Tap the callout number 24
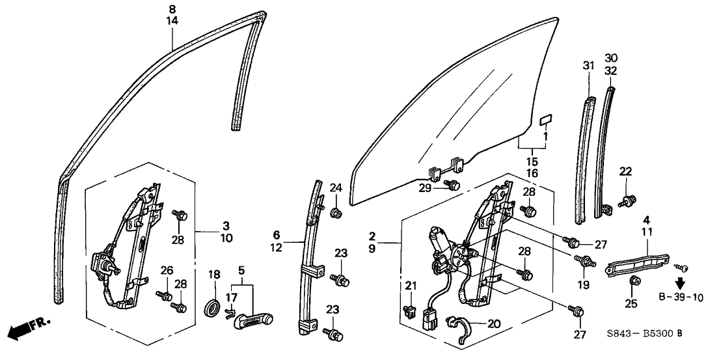(x=335, y=189)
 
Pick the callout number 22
(x=625, y=172)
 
